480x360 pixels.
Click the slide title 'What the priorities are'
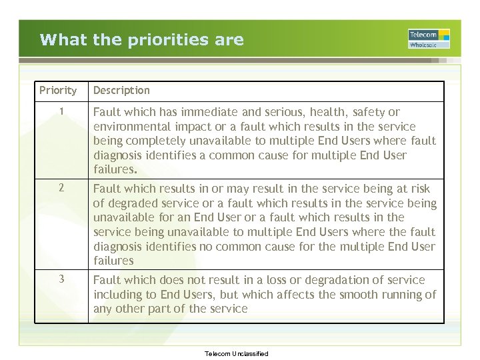141,39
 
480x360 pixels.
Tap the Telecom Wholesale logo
429,39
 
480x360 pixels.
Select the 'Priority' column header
58,90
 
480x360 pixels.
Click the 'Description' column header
121,90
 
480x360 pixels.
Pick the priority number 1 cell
61,112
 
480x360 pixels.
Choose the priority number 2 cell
61,188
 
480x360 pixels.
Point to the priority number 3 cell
61,279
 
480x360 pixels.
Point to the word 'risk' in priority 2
420,189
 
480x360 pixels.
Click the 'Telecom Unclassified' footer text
237,354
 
